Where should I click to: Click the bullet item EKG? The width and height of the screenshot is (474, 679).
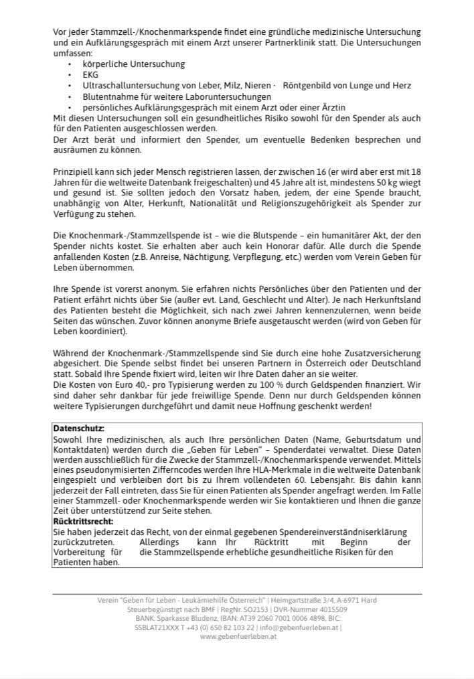90,75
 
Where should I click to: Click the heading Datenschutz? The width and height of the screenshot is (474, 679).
78,427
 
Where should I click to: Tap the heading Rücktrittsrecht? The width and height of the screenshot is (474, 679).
82,520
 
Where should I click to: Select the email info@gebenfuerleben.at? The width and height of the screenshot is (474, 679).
301,627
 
